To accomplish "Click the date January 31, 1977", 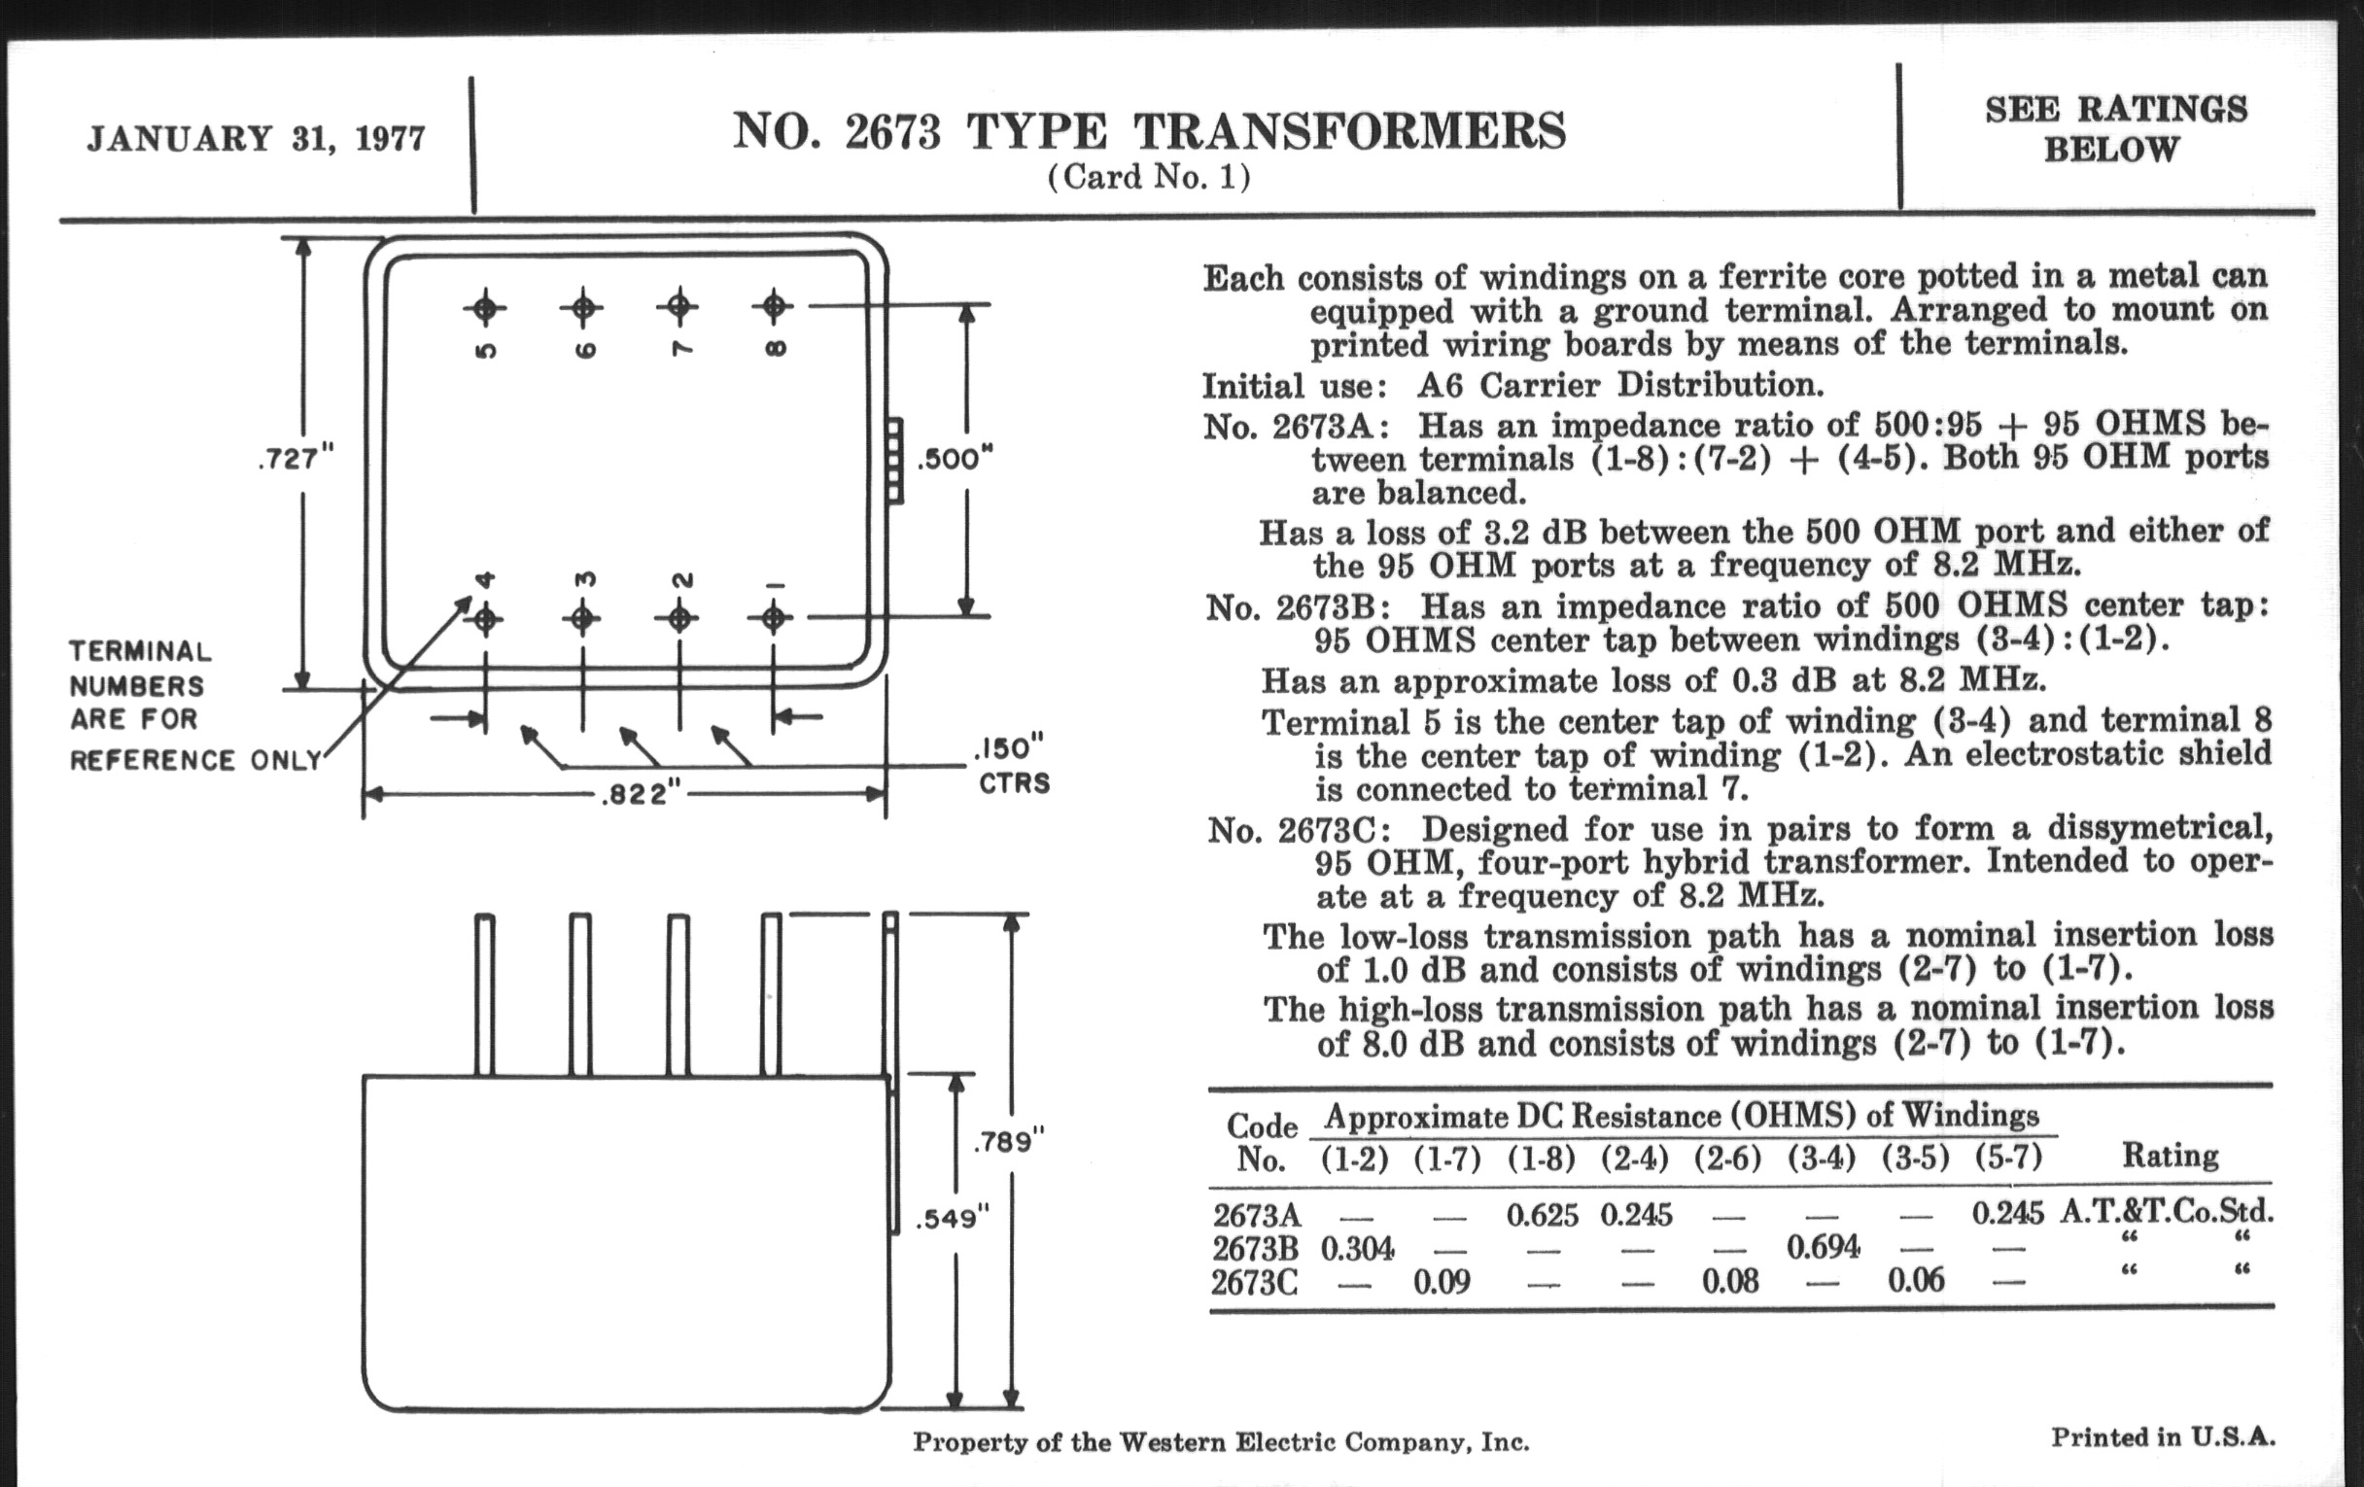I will point(257,138).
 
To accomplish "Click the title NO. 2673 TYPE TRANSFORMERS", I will point(1149,131).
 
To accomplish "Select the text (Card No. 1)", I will point(1149,178).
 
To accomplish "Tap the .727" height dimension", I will point(295,459).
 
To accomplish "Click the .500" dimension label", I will point(955,460).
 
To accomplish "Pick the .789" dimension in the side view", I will point(1008,1142).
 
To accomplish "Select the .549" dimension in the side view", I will point(952,1219).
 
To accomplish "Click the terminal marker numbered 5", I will point(485,308).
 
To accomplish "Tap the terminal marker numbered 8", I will point(774,306).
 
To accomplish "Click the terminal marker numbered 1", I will point(774,618).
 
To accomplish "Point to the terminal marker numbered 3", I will point(582,619).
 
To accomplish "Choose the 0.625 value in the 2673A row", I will point(1543,1216).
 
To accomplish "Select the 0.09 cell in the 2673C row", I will point(1442,1282).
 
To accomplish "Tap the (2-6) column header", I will point(1728,1159).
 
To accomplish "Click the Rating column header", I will point(2170,1156).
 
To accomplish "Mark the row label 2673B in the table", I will point(1255,1250).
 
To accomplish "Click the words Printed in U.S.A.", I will point(2162,1438).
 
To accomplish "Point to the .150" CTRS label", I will point(1012,766).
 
